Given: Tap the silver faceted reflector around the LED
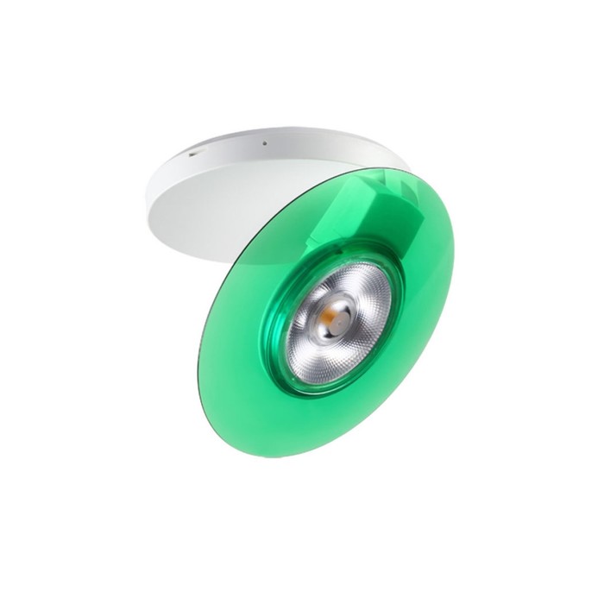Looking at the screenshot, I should pos(362,302).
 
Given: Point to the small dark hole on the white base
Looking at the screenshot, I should pos(266,143).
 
